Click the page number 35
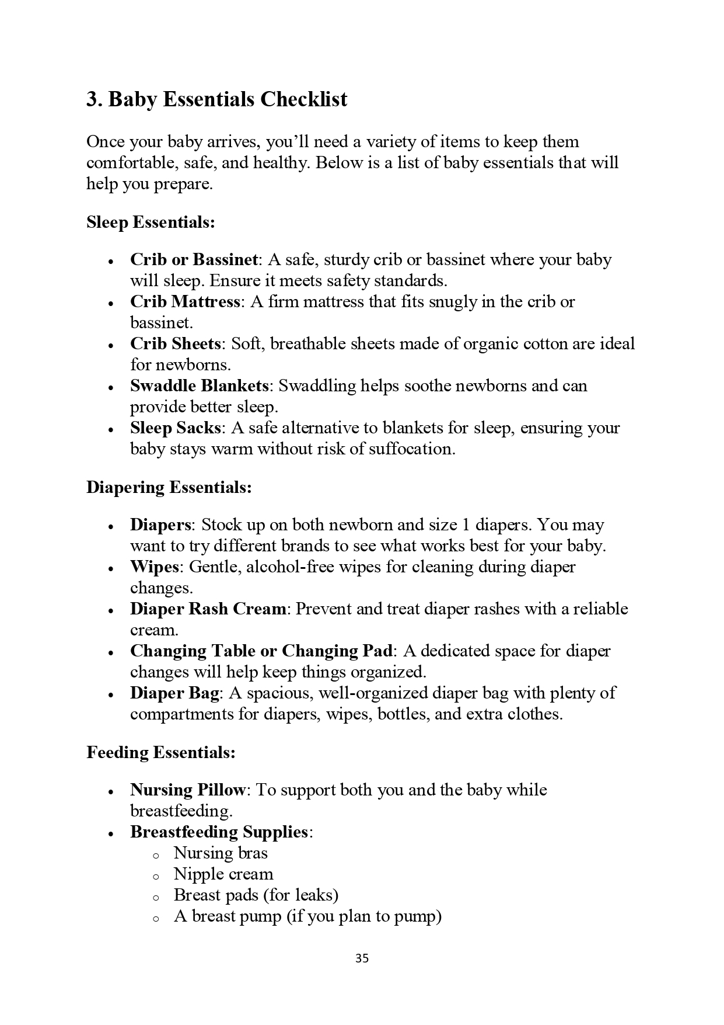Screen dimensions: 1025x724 [362, 958]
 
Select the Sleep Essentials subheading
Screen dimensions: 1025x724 [151, 223]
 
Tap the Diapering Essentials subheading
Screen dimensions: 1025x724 [169, 487]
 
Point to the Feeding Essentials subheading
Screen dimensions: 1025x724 [161, 752]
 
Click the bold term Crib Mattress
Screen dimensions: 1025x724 [185, 302]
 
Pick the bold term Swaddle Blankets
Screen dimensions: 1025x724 [199, 386]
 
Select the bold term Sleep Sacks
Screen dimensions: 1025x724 [176, 428]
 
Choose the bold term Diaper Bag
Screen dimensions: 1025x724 [174, 693]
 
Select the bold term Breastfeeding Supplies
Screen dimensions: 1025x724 [219, 832]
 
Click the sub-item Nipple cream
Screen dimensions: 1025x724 [223, 874]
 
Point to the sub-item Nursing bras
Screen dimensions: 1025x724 [221, 853]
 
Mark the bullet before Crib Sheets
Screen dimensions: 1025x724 [110, 345]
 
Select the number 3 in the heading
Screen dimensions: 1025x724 [92, 99]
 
